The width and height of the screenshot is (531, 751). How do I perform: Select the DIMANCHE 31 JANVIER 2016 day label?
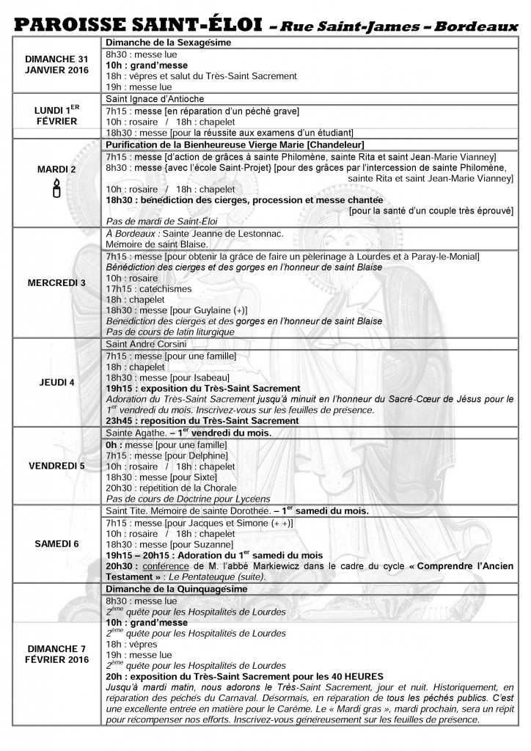(x=56, y=64)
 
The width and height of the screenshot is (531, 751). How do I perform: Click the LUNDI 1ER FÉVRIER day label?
(x=56, y=114)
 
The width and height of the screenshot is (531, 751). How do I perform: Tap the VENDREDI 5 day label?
(x=56, y=465)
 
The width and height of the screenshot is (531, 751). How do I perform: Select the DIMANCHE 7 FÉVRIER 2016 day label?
(x=56, y=653)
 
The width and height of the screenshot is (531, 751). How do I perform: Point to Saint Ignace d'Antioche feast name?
(x=155, y=98)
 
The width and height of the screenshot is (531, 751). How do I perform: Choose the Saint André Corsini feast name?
(x=148, y=343)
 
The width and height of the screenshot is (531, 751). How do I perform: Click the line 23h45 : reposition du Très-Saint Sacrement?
(x=202, y=421)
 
